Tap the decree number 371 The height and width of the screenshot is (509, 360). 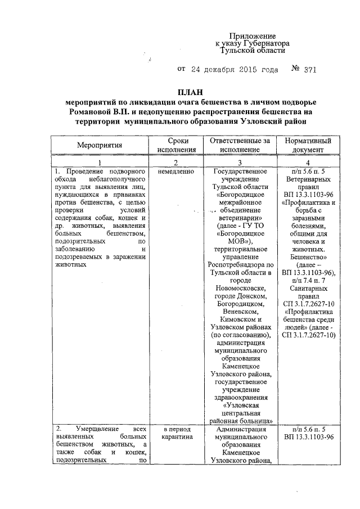[310, 70]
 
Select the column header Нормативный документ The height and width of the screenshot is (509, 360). [308, 145]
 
